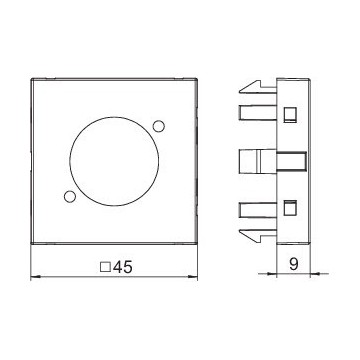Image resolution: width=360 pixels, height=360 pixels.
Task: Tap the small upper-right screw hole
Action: (159, 126)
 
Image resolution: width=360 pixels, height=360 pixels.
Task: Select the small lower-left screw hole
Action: (69, 197)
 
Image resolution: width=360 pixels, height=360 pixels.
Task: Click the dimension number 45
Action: (122, 267)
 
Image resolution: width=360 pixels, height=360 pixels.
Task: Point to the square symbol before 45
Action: (106, 267)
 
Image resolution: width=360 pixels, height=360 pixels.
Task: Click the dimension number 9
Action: (294, 264)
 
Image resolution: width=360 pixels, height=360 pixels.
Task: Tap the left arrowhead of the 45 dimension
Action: (35, 276)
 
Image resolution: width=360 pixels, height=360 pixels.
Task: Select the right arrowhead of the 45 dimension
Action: (193, 276)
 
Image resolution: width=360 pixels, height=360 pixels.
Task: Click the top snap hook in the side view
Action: (258, 87)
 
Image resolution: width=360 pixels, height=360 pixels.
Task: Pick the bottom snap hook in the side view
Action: (258, 236)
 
